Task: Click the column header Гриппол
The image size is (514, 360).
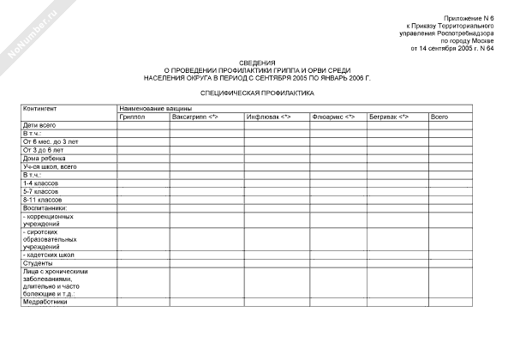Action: click(x=133, y=117)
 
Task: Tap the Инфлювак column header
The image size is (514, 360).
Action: click(x=268, y=117)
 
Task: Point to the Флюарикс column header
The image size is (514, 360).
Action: click(x=334, y=117)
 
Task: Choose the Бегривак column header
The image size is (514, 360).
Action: click(x=390, y=117)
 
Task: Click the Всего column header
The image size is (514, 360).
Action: click(x=439, y=117)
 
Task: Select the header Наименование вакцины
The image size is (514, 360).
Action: click(x=155, y=109)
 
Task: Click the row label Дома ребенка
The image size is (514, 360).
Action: click(x=44, y=158)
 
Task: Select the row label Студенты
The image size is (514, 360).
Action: click(x=38, y=263)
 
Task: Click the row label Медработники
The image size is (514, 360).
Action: click(x=45, y=301)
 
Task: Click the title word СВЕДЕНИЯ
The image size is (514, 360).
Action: click(x=257, y=63)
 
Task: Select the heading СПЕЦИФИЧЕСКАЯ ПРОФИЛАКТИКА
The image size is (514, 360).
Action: click(x=257, y=93)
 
